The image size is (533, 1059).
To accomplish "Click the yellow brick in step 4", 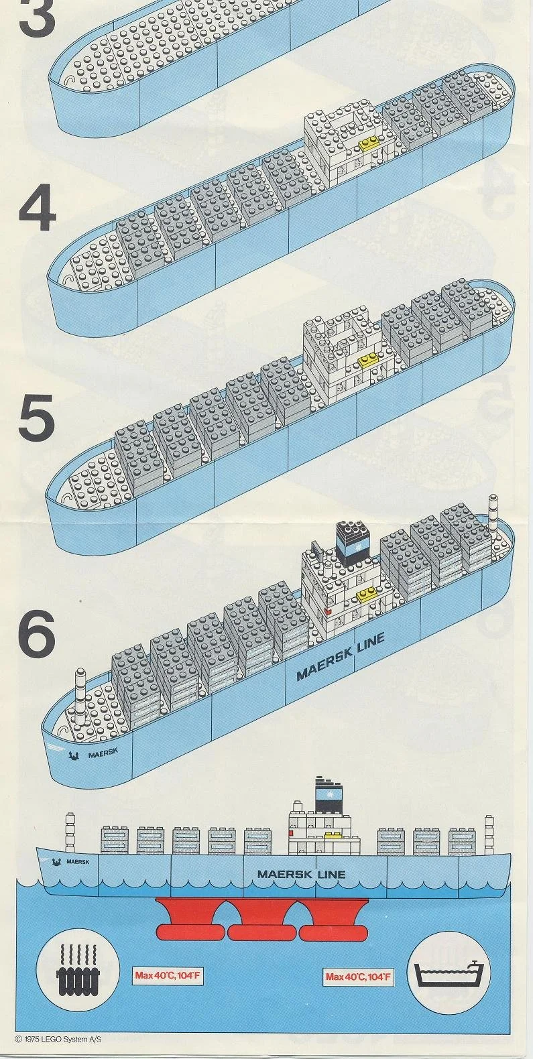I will (x=369, y=143).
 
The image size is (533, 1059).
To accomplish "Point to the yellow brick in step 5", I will (x=367, y=361).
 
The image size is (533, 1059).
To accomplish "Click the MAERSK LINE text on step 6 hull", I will (x=341, y=656).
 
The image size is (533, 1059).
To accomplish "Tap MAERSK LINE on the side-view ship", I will (x=301, y=874).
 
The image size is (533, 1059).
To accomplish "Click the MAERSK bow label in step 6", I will (x=102, y=753).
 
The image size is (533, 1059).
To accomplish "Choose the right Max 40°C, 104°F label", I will (x=358, y=977).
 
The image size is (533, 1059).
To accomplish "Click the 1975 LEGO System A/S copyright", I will (x=58, y=1039).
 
